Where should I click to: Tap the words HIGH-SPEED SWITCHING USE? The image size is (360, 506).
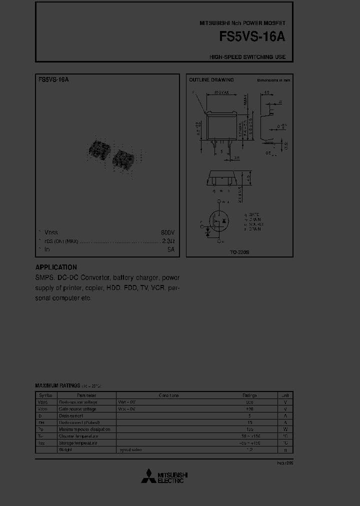click(x=247, y=57)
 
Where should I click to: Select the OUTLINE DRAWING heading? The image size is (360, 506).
click(x=211, y=80)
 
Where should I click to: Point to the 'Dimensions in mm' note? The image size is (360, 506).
click(x=273, y=80)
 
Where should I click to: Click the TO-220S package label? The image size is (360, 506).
click(x=239, y=252)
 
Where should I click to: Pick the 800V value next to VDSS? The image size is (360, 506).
click(x=167, y=233)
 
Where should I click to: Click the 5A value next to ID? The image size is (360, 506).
click(x=170, y=249)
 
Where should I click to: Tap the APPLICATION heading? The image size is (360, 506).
click(x=56, y=267)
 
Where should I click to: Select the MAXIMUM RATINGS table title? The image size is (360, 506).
click(x=57, y=385)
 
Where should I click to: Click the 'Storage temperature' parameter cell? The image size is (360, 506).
click(x=78, y=443)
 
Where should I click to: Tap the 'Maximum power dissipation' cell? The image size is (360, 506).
click(x=84, y=429)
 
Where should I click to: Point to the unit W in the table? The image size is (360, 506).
click(x=285, y=429)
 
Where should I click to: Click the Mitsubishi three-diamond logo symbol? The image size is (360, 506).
click(x=148, y=477)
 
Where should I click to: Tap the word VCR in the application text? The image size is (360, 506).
click(x=158, y=288)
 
